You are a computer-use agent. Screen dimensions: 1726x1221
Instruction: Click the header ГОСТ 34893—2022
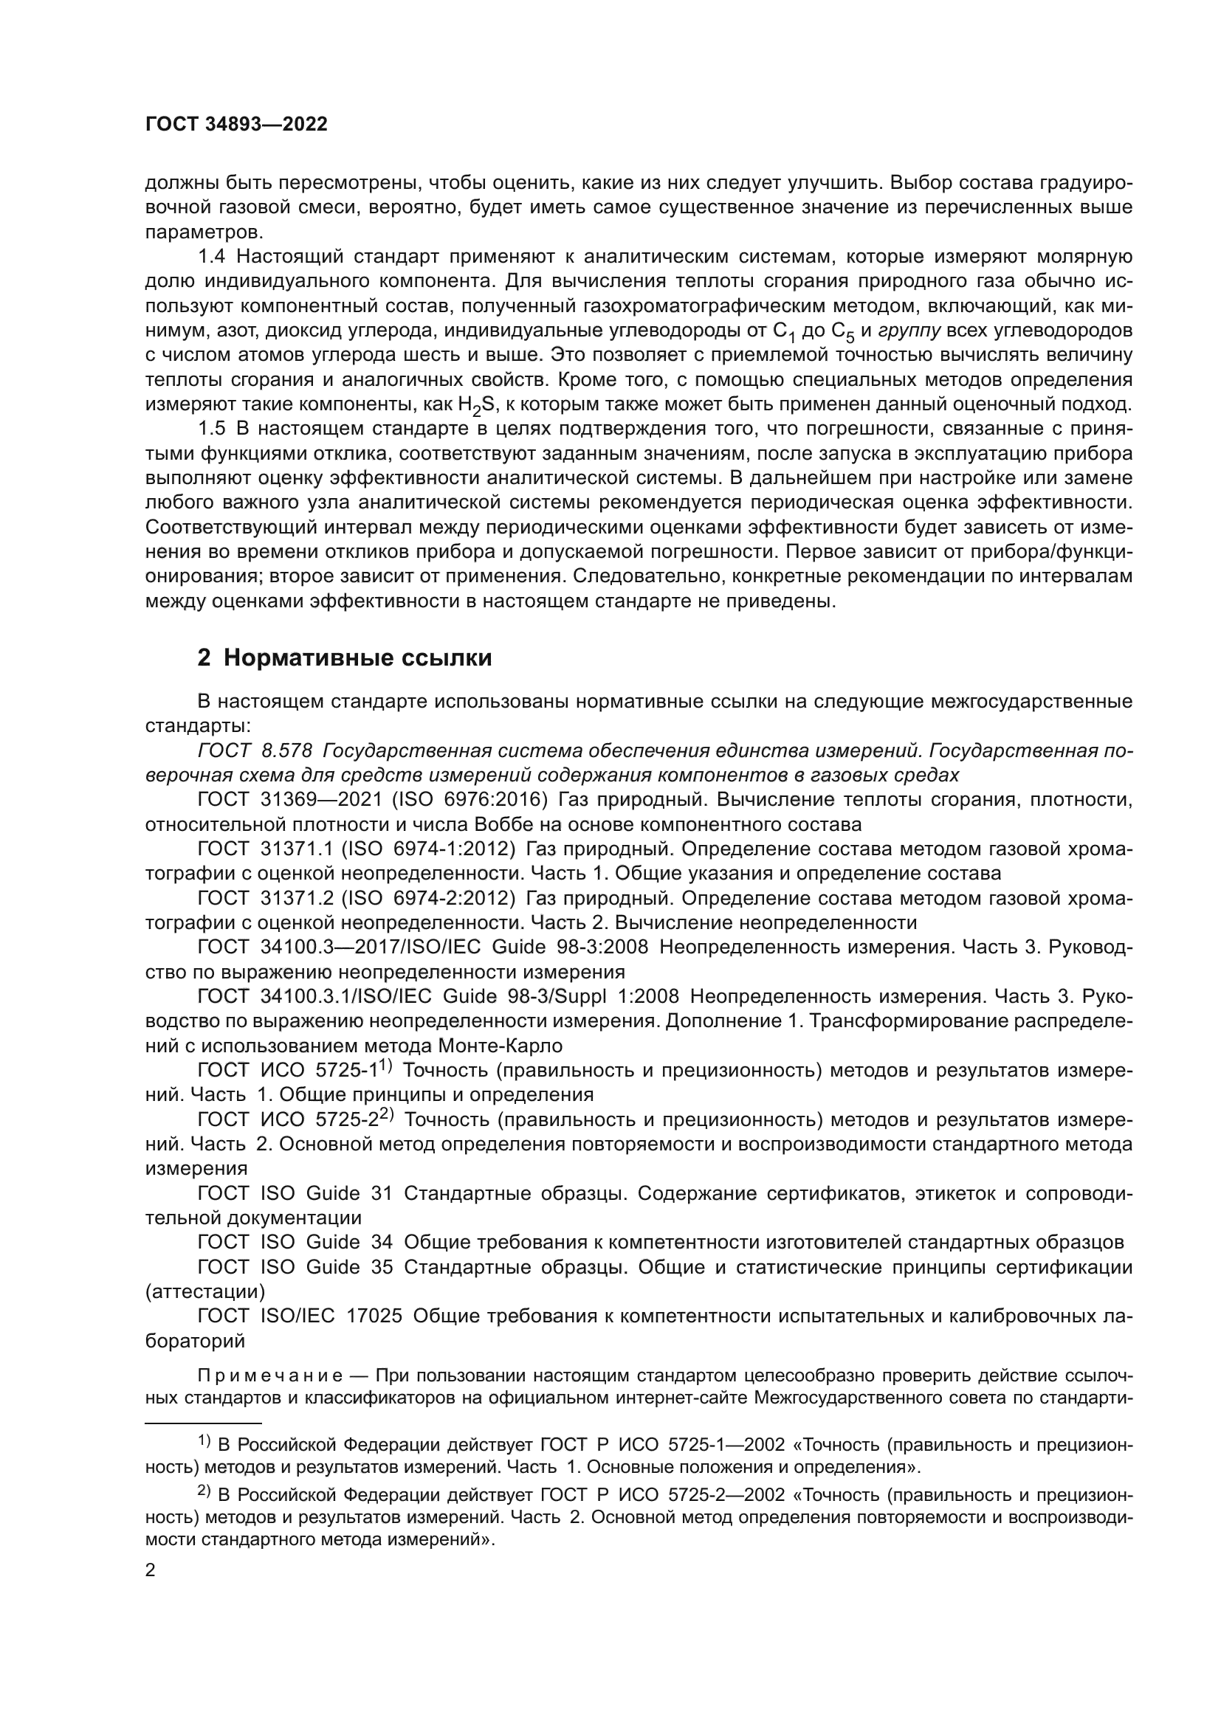236,125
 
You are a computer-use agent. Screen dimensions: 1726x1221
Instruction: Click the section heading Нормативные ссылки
357,657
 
